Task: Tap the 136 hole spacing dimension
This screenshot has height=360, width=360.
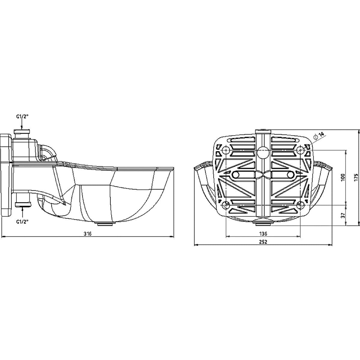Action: (263, 233)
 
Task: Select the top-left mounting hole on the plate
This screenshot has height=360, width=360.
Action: (226, 150)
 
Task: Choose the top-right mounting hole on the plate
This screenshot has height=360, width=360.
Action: (300, 150)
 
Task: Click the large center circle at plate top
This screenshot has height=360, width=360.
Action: (263, 153)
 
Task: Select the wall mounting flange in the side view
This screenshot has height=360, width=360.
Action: (6, 175)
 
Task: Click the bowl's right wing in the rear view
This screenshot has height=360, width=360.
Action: (321, 180)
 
